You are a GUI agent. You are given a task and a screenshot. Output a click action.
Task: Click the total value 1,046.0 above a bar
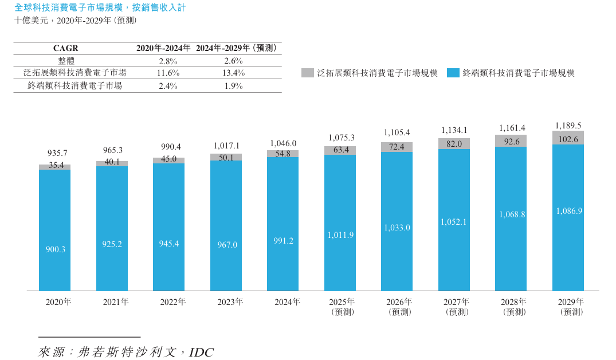tap(283, 143)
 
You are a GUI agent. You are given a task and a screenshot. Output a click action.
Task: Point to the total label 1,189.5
tap(568, 126)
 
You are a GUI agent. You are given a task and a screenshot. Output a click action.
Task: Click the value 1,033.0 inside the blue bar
tap(397, 228)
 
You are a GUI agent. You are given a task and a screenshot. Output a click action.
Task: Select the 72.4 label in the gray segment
tap(397, 147)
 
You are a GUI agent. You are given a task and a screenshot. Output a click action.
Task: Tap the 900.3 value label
tap(55, 249)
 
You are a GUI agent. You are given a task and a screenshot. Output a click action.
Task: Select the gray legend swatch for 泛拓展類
tap(307, 73)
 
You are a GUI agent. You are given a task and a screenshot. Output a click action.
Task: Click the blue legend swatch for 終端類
tap(453, 73)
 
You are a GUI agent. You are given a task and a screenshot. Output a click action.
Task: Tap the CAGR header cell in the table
tap(65, 48)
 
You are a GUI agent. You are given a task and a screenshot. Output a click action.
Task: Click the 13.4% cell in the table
tap(233, 73)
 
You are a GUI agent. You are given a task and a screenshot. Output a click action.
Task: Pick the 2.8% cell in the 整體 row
tap(168, 61)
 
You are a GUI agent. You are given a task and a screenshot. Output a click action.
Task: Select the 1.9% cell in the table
tap(233, 86)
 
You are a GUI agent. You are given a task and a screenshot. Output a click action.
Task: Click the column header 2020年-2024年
tap(164, 48)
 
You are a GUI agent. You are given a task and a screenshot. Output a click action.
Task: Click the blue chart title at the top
tap(100, 8)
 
